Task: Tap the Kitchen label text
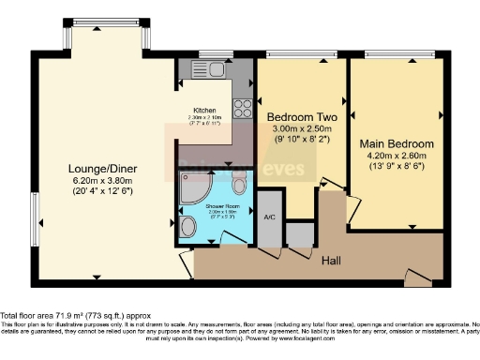[x=205, y=109]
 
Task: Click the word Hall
[x=332, y=260]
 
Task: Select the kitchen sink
[x=208, y=69]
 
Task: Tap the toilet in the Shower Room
[x=188, y=227]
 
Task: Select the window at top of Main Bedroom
[x=397, y=52]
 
